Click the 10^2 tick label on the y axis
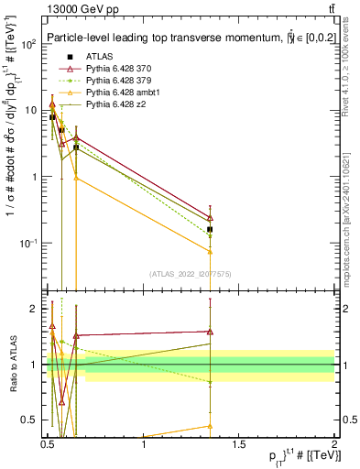click(29, 44)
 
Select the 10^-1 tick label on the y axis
click(29, 244)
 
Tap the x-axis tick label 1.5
click(239, 444)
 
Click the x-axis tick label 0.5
click(48, 444)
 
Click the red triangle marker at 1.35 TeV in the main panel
click(211, 218)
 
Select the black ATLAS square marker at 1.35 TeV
click(211, 229)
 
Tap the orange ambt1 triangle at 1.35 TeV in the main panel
click(211, 251)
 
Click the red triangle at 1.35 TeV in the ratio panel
click(211, 332)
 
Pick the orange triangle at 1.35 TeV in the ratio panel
click(211, 426)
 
